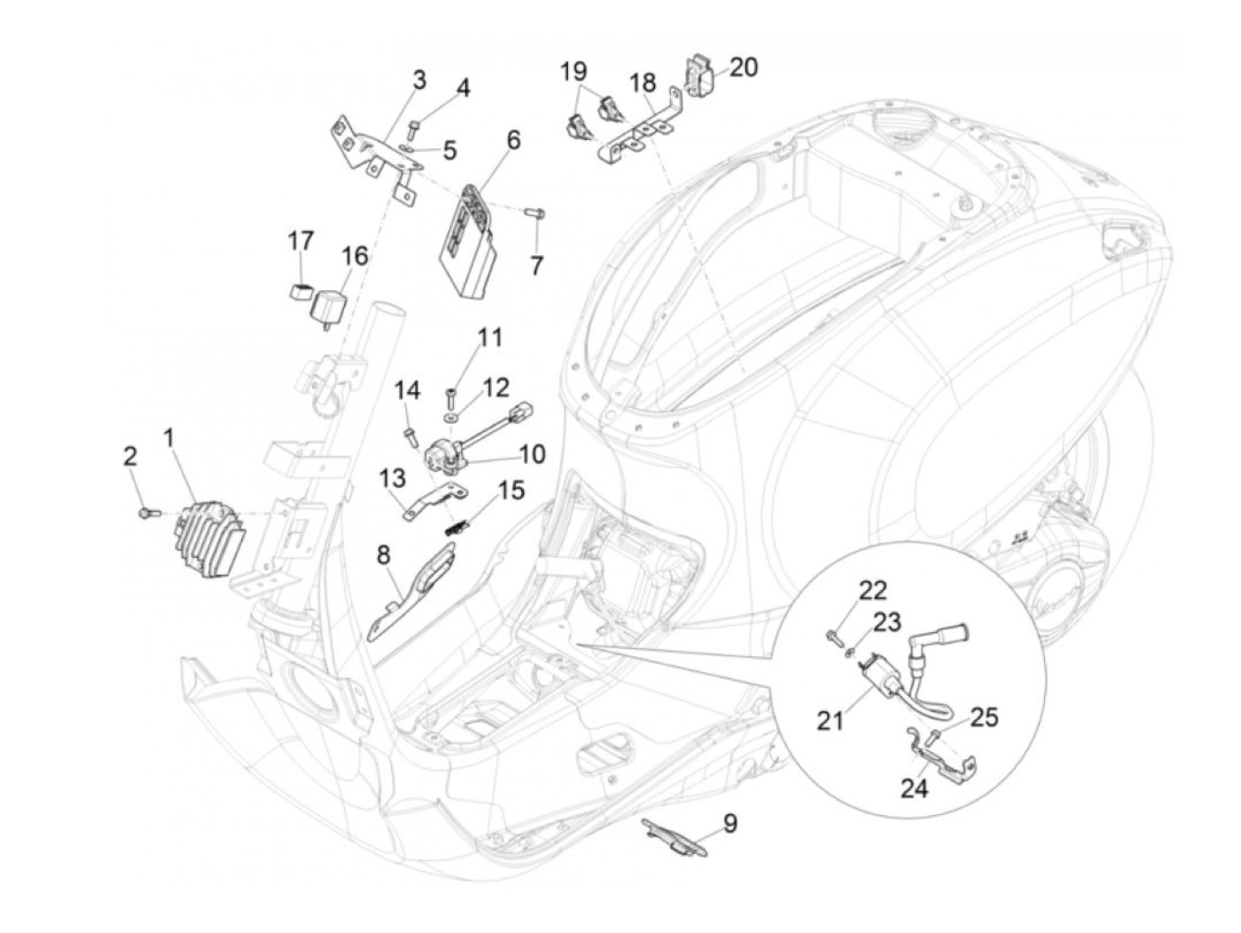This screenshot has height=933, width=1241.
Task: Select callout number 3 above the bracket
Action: [x=418, y=82]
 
